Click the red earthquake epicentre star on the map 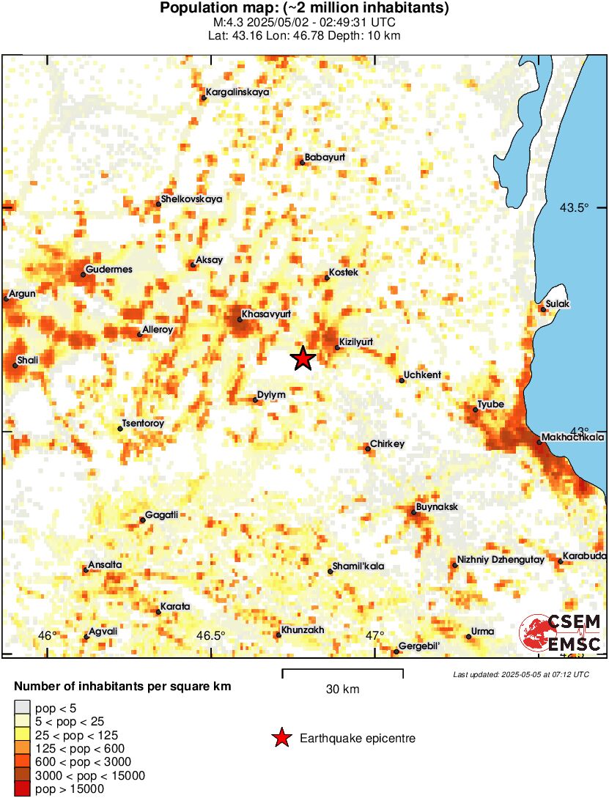(x=303, y=358)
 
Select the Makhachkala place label (x=574, y=438)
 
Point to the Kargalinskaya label (x=237, y=92)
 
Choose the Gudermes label (x=109, y=270)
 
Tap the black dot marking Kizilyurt (x=337, y=347)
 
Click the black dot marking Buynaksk (x=414, y=512)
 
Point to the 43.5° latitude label (x=575, y=208)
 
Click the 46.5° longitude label (x=212, y=635)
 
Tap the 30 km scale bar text (x=342, y=689)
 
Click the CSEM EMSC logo (x=561, y=634)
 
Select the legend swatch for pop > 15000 (x=23, y=788)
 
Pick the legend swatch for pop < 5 (x=23, y=708)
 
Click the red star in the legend (x=281, y=739)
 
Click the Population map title (x=304, y=9)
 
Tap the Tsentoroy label (x=144, y=424)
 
